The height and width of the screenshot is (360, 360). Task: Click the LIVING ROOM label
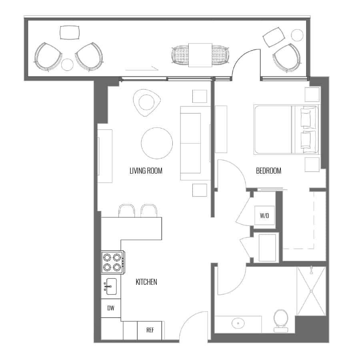[146, 171]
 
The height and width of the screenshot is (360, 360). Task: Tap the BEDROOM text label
[268, 171]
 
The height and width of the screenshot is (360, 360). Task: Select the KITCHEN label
[146, 282]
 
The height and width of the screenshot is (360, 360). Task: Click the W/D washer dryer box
[264, 215]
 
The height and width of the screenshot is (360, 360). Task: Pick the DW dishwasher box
[111, 308]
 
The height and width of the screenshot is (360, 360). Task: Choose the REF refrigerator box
[150, 330]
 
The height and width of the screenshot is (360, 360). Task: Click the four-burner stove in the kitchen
[113, 262]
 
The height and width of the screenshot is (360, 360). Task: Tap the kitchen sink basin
[111, 286]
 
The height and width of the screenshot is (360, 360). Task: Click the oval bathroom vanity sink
[238, 324]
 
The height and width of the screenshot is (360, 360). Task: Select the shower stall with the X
[311, 291]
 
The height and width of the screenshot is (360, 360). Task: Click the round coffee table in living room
[157, 143]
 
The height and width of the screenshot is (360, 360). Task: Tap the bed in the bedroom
[286, 130]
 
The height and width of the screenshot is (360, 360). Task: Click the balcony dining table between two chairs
[200, 55]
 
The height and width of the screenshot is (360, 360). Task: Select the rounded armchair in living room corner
[146, 103]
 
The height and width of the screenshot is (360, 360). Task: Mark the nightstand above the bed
[312, 94]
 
